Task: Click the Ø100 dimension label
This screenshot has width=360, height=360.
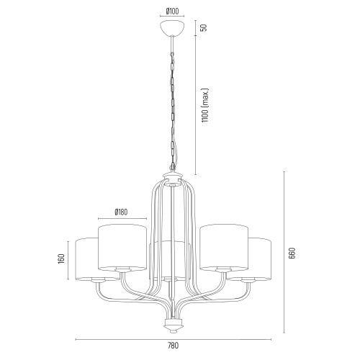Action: pos(172,11)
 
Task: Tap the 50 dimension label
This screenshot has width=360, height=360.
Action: pos(203,27)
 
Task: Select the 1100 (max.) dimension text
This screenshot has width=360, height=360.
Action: pos(205,105)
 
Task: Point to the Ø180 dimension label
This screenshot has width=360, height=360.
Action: pos(121,212)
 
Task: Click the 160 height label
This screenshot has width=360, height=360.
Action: pos(61,259)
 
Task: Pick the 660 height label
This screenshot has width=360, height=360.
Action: pos(292,253)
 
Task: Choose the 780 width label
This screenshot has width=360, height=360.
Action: pos(174,346)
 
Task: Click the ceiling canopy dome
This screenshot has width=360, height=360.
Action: pos(172,28)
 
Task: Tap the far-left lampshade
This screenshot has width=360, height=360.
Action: pos(86,259)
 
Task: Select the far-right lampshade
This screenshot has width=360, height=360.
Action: pos(261,259)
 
